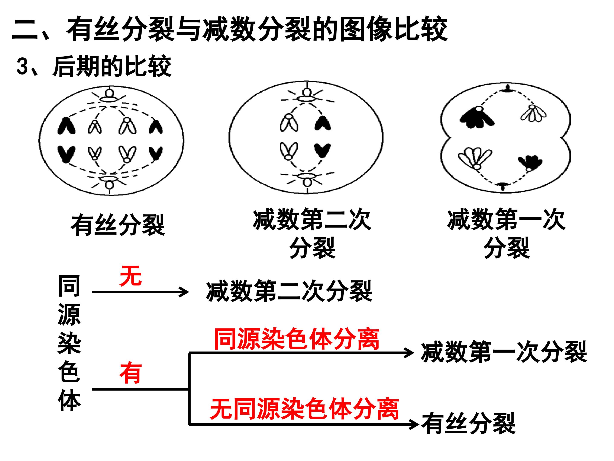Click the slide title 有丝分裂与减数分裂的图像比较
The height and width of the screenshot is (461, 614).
[x=257, y=29]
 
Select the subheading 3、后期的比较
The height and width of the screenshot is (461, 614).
[x=94, y=66]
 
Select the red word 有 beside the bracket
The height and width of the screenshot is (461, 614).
[x=130, y=373]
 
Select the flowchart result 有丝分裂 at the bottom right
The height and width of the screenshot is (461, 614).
[x=469, y=423]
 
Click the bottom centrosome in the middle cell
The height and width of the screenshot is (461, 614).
[x=307, y=179]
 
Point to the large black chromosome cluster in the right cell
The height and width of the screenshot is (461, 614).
[x=476, y=117]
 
